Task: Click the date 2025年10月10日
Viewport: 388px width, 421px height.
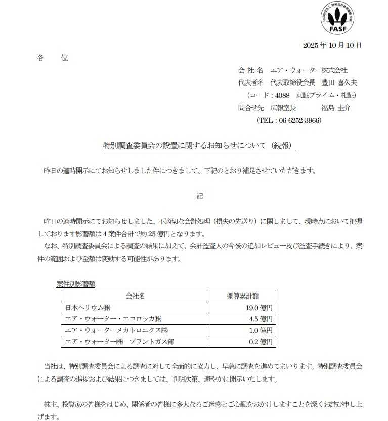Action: tap(332, 45)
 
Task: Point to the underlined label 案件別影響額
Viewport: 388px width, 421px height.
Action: tap(76, 284)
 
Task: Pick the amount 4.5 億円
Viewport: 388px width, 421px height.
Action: tap(261, 319)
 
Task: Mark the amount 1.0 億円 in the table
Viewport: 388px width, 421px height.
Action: tap(261, 330)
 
